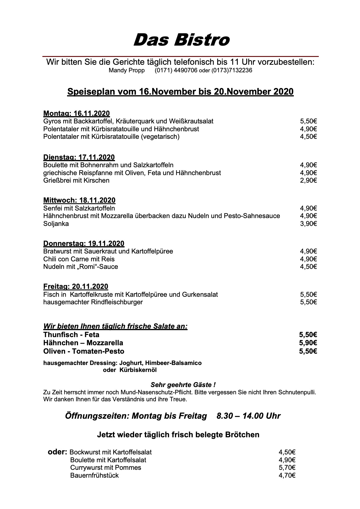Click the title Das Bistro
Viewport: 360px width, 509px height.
(x=181, y=40)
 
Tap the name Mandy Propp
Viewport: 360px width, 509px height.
(x=127, y=70)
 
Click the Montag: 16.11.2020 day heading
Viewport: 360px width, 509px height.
(x=76, y=113)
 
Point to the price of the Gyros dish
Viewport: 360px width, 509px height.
(x=308, y=121)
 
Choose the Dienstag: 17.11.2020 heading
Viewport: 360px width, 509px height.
(x=79, y=157)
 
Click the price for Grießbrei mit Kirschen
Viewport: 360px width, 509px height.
(x=308, y=180)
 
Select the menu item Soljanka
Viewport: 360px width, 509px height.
(x=56, y=224)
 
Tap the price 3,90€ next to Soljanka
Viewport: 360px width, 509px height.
(x=308, y=224)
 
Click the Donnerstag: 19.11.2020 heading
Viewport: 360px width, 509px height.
(x=84, y=243)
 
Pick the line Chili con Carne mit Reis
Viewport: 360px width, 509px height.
(x=79, y=259)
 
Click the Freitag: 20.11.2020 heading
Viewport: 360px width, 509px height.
(x=75, y=287)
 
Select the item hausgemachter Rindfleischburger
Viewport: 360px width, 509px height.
(x=93, y=302)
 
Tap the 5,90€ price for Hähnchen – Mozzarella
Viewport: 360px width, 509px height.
(x=308, y=343)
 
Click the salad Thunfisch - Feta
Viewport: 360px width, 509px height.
(x=71, y=334)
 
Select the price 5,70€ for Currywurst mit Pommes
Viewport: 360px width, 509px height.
(x=287, y=467)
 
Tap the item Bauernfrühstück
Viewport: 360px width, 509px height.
(x=94, y=475)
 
